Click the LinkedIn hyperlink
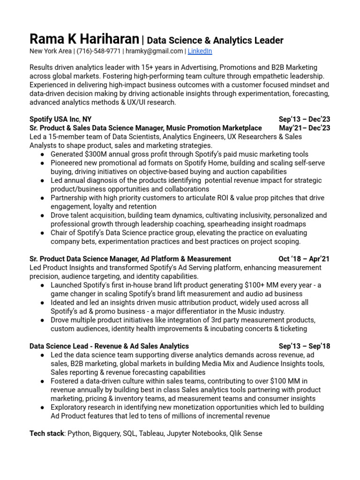click(200, 51)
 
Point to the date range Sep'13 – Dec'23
click(304, 119)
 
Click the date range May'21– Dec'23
click(304, 128)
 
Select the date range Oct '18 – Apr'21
click(304, 259)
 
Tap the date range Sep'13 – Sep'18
click(304, 346)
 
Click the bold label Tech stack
click(46, 433)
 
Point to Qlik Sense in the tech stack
click(246, 433)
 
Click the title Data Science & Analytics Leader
click(215, 40)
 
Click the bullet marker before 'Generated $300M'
click(42, 154)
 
